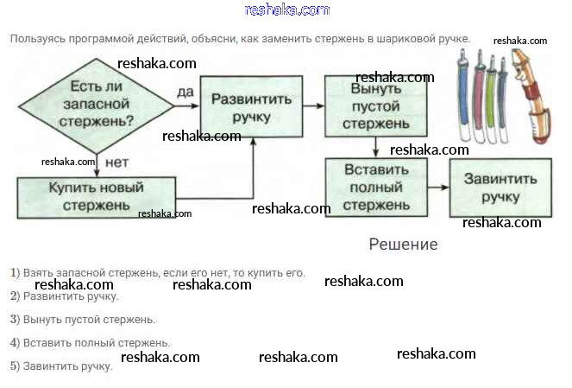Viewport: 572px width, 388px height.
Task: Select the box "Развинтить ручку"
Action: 251,106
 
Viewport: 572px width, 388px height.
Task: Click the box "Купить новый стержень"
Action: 96,196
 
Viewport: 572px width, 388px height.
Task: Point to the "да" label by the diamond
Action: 185,92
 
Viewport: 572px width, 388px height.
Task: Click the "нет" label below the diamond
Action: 116,162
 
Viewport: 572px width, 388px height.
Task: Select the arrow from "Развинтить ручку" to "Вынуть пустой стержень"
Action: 314,106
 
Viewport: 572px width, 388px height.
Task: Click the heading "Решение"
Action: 403,245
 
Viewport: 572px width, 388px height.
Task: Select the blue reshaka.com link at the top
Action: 286,10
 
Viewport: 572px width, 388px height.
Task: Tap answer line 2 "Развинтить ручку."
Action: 65,296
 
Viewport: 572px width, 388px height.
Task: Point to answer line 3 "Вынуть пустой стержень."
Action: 83,320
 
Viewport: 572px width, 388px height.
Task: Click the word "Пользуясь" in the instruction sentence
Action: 35,39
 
